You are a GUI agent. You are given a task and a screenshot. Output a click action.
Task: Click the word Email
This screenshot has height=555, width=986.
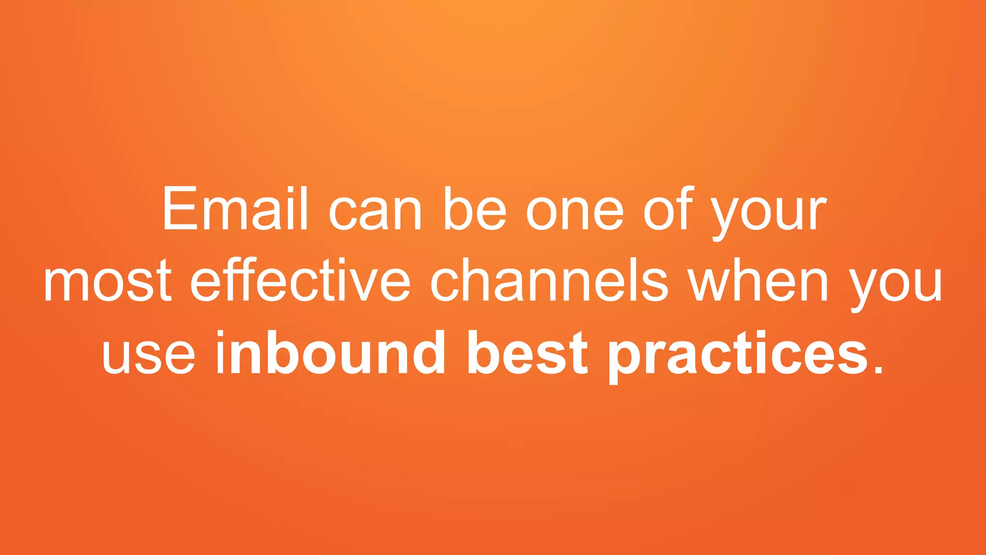pos(235,210)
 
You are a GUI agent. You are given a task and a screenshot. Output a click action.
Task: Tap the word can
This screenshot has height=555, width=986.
pos(375,212)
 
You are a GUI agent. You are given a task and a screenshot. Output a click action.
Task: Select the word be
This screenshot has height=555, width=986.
pos(474,210)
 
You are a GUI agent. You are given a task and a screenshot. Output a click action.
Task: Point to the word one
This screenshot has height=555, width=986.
pos(575,212)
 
